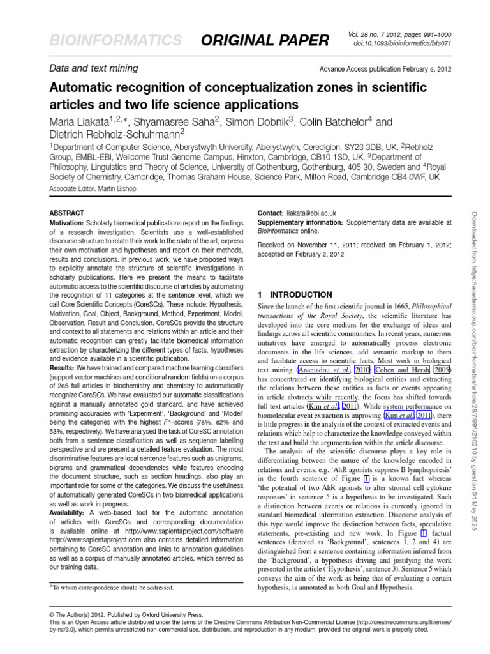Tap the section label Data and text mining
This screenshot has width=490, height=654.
tap(93, 68)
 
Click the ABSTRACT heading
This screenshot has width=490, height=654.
tap(66, 212)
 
